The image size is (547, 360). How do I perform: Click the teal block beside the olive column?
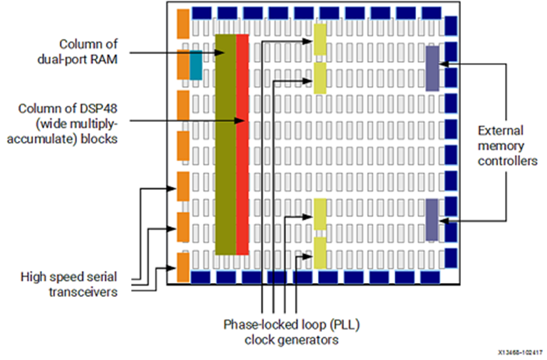(196, 64)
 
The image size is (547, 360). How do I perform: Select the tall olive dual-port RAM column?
(226, 144)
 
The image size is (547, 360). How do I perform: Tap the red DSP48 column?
(242, 144)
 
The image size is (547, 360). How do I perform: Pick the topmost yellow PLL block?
(320, 39)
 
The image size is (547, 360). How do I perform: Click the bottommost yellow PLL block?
(320, 252)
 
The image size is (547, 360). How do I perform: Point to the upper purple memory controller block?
(432, 68)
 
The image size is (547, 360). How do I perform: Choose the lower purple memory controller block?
(432, 220)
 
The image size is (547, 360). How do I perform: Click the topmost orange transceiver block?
(184, 24)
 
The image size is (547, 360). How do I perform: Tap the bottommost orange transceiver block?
(184, 267)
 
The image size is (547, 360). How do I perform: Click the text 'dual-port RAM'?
(81, 59)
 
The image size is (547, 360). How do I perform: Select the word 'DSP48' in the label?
(101, 109)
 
